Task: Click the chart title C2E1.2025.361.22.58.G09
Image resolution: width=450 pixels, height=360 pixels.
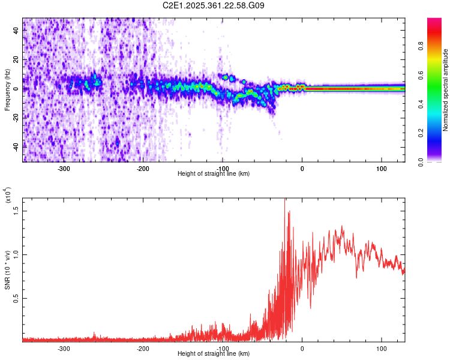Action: click(214, 5)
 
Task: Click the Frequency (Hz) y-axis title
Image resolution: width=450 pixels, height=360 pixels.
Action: click(7, 89)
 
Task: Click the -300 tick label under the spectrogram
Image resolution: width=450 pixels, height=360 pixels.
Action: click(64, 167)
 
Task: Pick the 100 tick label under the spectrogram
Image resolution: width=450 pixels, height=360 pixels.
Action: click(381, 167)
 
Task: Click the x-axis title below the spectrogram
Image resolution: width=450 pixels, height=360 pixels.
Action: click(214, 173)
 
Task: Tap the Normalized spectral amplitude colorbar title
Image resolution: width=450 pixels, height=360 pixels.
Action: click(446, 90)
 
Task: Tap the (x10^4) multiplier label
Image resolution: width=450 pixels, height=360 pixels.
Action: click(7, 197)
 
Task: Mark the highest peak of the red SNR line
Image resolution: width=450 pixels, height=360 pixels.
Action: click(285, 199)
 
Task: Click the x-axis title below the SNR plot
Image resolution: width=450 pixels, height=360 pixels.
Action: click(214, 354)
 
